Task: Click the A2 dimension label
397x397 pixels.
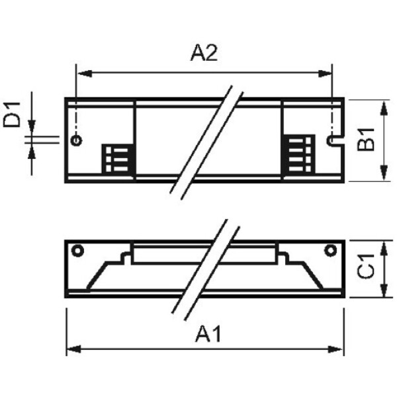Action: coord(204,53)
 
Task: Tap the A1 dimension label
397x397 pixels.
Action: coord(208,334)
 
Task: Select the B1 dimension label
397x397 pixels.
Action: coord(366,140)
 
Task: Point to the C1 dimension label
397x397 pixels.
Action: coord(366,267)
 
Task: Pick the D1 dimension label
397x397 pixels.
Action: coord(11,114)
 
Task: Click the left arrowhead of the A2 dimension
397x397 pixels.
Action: coord(85,73)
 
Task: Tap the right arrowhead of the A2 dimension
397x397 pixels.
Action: coord(325,73)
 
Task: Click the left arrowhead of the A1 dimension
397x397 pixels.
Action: coord(73,349)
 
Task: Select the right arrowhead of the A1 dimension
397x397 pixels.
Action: coord(335,349)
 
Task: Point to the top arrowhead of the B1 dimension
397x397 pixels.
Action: coord(384,109)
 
